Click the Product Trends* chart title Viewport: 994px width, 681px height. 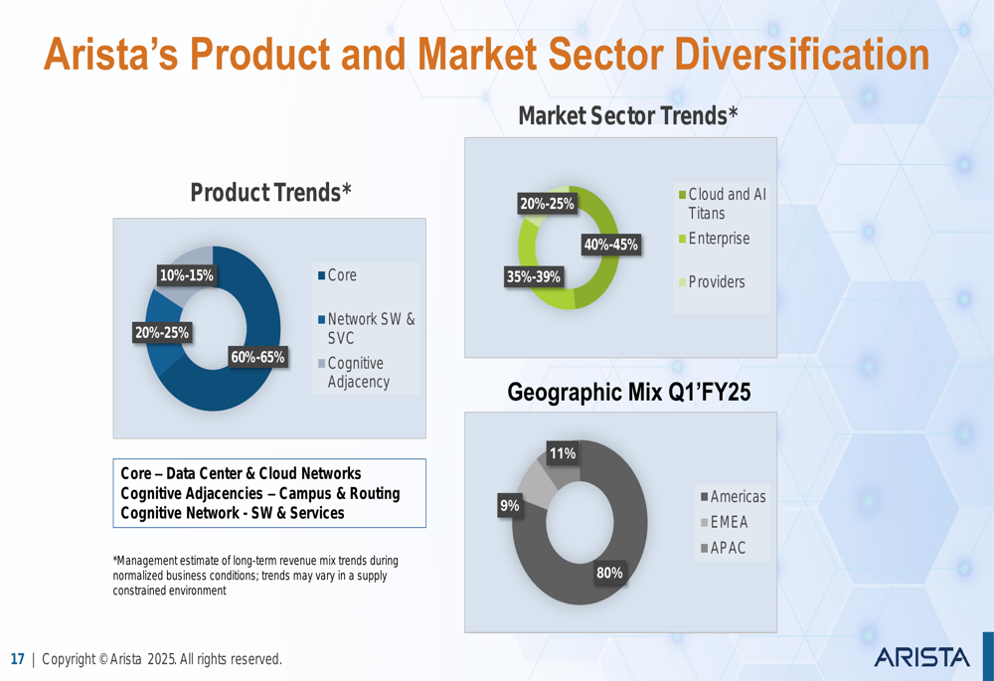(x=270, y=192)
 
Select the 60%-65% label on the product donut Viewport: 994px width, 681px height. (x=257, y=357)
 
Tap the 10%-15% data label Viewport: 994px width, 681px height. (x=187, y=275)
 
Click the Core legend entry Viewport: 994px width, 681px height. (x=337, y=275)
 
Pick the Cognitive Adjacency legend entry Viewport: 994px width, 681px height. (x=354, y=372)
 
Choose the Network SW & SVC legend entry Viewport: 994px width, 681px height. (x=367, y=328)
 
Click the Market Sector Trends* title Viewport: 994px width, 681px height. (x=628, y=116)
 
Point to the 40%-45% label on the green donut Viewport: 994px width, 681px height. (x=611, y=245)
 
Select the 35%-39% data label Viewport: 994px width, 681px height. (x=533, y=277)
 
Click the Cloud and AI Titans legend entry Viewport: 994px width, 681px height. (x=723, y=204)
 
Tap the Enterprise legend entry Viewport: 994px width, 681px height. (x=715, y=239)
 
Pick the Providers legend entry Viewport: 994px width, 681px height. (x=712, y=281)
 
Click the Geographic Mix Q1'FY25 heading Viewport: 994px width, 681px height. (x=629, y=392)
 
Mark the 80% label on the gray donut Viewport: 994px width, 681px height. (x=609, y=574)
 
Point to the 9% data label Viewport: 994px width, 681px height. (x=510, y=505)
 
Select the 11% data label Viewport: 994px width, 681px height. (x=563, y=453)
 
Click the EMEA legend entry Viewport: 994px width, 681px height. (x=724, y=522)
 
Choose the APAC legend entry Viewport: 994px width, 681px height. (x=723, y=548)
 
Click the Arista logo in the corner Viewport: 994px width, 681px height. (x=921, y=657)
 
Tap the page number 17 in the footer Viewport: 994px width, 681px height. (x=17, y=659)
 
